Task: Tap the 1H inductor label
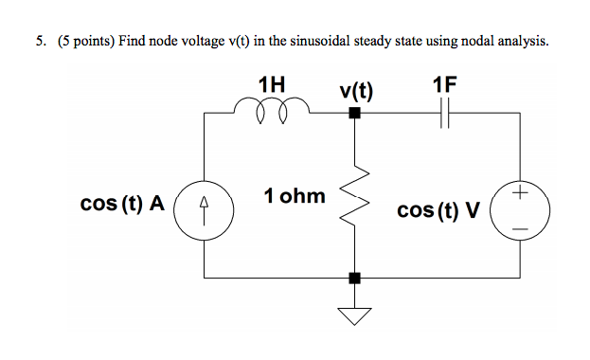[x=271, y=84]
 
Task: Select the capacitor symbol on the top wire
[x=446, y=114]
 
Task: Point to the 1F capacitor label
[x=444, y=84]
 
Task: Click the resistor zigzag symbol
[x=355, y=198]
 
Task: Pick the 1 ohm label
[x=295, y=197]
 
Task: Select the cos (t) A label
[x=123, y=204]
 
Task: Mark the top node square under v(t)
[x=355, y=114]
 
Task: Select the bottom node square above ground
[x=355, y=279]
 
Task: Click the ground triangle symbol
[x=355, y=316]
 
